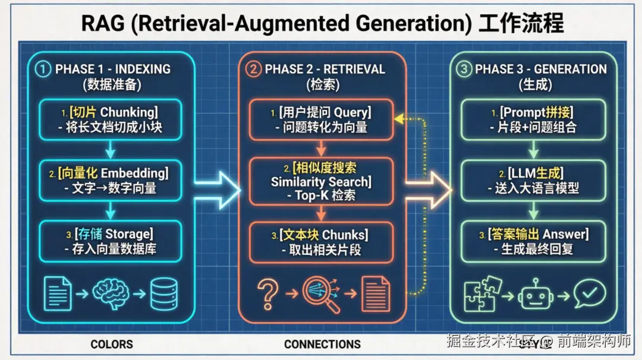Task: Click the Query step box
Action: [x=321, y=119]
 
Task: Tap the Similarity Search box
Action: [x=321, y=181]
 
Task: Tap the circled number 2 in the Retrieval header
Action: [x=254, y=69]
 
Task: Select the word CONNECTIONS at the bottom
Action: [x=322, y=344]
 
